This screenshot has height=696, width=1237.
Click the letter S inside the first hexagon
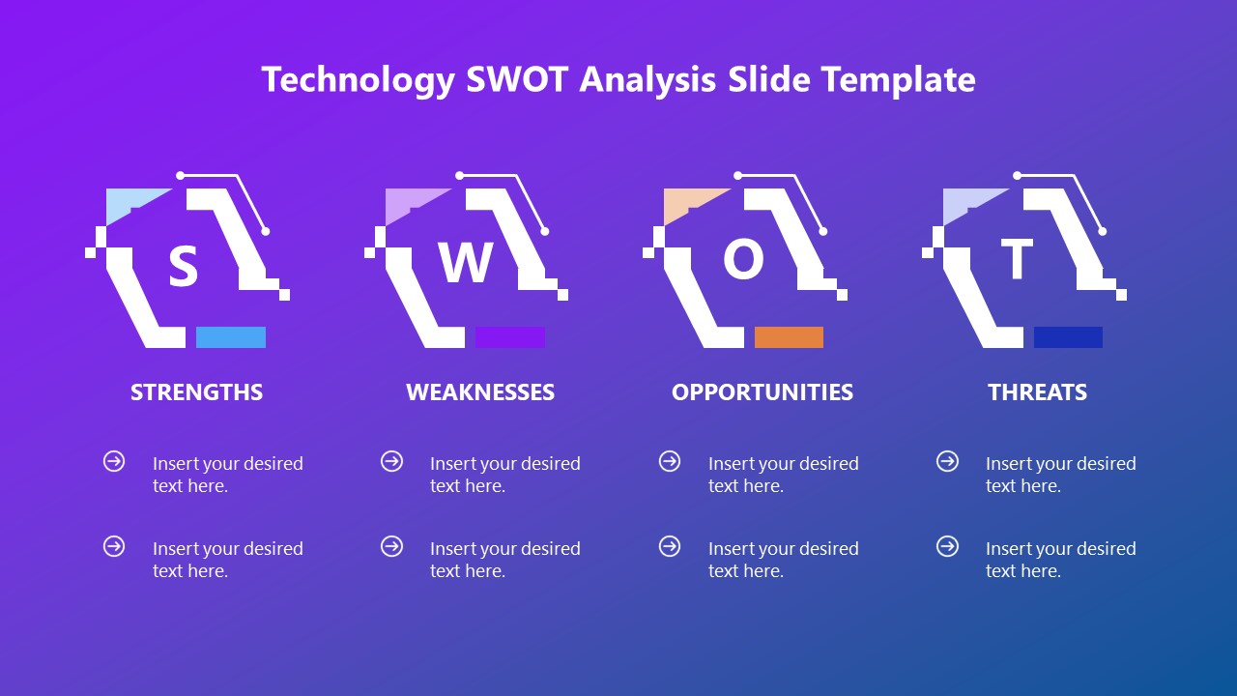(183, 267)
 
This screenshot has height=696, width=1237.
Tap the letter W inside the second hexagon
(466, 263)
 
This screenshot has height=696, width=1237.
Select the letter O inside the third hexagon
(743, 259)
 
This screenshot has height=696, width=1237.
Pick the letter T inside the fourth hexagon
(1016, 260)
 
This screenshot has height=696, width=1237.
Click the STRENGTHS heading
(196, 391)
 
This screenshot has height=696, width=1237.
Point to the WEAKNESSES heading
(480, 391)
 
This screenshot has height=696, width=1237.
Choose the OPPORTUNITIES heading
(762, 391)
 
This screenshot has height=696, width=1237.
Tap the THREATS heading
(1037, 391)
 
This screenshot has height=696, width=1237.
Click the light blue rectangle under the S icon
(231, 337)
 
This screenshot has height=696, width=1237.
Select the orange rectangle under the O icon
(789, 337)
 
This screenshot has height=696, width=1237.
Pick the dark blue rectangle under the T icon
(1068, 337)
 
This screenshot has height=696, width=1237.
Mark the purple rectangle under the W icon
(510, 337)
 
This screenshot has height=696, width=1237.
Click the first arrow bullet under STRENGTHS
(114, 461)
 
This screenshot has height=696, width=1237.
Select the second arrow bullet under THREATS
(947, 546)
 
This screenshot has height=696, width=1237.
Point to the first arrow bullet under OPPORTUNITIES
(670, 461)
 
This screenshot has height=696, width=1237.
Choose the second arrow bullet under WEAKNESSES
(391, 546)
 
